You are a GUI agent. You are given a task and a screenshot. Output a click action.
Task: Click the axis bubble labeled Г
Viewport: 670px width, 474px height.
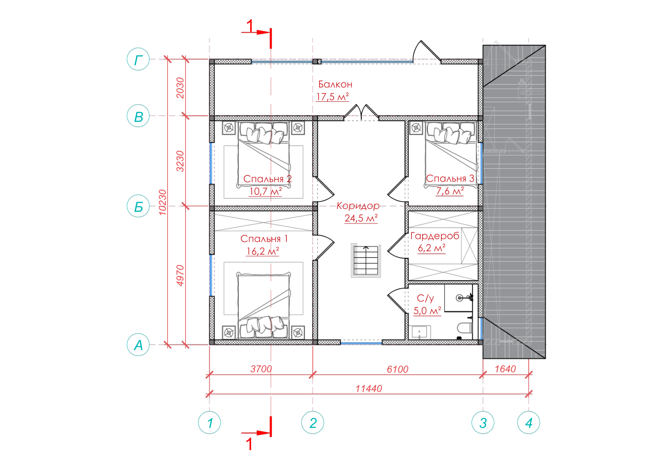tap(138, 59)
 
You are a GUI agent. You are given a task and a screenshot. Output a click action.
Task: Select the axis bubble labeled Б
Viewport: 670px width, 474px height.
tap(138, 206)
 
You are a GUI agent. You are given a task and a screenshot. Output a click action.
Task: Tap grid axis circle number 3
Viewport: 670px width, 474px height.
tap(483, 422)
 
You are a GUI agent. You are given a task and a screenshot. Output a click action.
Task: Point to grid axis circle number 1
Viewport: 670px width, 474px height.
tap(209, 422)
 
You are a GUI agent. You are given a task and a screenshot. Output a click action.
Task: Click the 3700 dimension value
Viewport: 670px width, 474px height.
tap(261, 369)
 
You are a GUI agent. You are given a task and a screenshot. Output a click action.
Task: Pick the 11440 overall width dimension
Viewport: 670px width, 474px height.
tap(368, 389)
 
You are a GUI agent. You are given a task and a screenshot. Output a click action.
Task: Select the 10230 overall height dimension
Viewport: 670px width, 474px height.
tap(162, 202)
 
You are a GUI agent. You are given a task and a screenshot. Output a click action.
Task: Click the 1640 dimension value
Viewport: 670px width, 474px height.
tap(505, 369)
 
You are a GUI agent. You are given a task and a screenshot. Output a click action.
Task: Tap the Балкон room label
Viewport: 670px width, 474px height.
tap(335, 84)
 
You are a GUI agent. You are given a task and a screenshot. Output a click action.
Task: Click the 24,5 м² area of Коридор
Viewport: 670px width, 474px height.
tap(361, 218)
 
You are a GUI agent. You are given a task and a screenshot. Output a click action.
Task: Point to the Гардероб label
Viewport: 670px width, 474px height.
tap(435, 236)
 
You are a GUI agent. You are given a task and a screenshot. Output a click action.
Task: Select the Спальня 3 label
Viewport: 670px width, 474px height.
tap(450, 178)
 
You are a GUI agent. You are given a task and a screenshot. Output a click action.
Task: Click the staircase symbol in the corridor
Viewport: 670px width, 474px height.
tap(366, 260)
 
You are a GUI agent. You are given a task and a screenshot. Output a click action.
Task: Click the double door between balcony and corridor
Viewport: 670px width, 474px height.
tap(361, 113)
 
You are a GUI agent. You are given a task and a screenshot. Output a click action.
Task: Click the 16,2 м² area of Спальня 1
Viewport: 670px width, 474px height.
tap(263, 251)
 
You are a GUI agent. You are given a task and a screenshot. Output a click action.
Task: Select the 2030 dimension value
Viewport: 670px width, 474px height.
tap(180, 88)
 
